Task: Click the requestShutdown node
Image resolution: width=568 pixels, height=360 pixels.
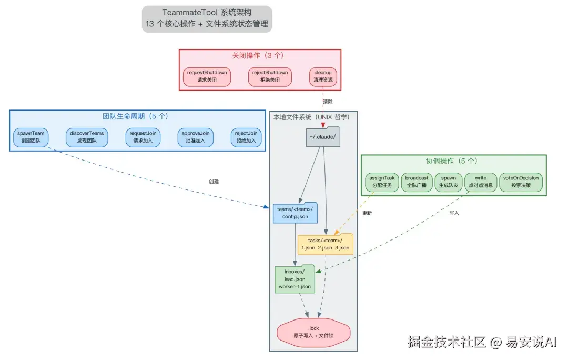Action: [x=207, y=76]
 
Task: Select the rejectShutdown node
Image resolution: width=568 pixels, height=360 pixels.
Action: [x=270, y=76]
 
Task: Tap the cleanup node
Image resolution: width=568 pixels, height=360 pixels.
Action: [x=323, y=76]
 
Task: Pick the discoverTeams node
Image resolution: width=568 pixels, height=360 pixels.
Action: [x=86, y=137]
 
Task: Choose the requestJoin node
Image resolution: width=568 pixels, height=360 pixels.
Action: [x=144, y=137]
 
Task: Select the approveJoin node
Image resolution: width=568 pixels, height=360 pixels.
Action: [x=195, y=137]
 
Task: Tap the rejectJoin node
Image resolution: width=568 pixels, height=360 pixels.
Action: [x=246, y=137]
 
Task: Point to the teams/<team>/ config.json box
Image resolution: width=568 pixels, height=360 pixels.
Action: [x=295, y=213]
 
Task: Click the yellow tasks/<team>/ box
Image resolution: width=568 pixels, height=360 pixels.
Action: [x=325, y=244]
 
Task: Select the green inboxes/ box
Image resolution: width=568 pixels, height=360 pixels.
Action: [x=295, y=279]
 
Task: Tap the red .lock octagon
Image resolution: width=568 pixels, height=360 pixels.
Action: [x=313, y=332]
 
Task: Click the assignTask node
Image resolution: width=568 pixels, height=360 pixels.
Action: [x=381, y=182]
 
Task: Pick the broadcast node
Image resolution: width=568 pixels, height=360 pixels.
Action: [x=417, y=182]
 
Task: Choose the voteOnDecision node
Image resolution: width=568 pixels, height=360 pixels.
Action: [x=521, y=182]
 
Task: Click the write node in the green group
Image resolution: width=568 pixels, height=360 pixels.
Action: [x=480, y=182]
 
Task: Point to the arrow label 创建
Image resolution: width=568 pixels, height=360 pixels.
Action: [x=214, y=181]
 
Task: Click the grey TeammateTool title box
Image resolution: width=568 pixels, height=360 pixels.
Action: [x=207, y=18]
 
